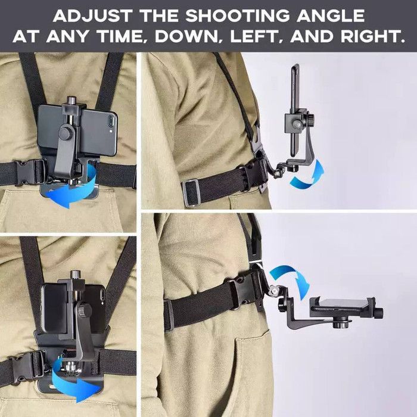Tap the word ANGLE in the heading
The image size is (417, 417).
tap(331, 16)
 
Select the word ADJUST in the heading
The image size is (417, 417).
tap(93, 16)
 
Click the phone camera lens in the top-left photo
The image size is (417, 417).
tap(110, 121)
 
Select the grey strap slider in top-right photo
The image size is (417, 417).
tap(191, 192)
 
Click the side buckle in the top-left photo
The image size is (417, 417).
tap(29, 172)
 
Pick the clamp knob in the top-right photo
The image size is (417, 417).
tap(311, 117)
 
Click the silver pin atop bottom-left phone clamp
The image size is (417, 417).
tap(74, 275)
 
